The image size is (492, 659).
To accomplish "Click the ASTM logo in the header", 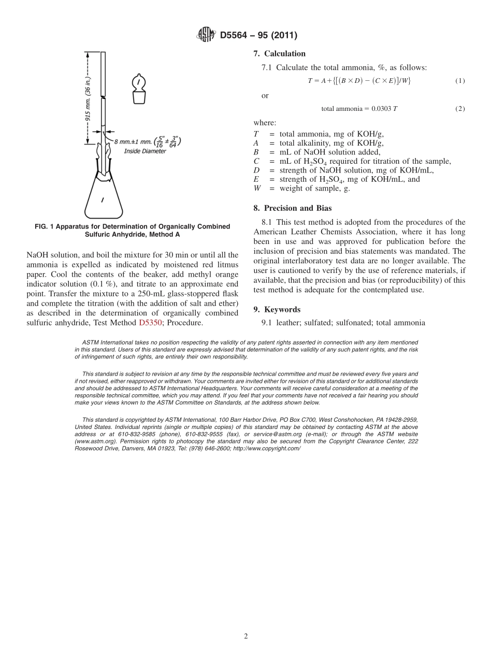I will tap(206, 35).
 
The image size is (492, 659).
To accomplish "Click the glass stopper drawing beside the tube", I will tap(138, 89).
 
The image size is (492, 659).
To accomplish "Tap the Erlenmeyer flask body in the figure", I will tap(103, 199).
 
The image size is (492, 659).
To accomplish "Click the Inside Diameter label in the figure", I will tap(145, 151).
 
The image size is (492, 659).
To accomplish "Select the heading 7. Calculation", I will tap(279, 54).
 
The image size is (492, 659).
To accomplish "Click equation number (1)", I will tap(460, 81).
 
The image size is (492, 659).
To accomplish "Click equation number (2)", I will tap(460, 109).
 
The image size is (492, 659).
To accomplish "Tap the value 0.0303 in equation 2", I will tap(381, 109).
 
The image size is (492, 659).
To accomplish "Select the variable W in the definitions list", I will tap(257, 188).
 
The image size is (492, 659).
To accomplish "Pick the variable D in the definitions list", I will tap(256, 170).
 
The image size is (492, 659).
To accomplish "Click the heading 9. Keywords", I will tap(277, 309).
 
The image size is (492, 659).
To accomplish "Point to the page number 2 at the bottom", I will tap(246, 636).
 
